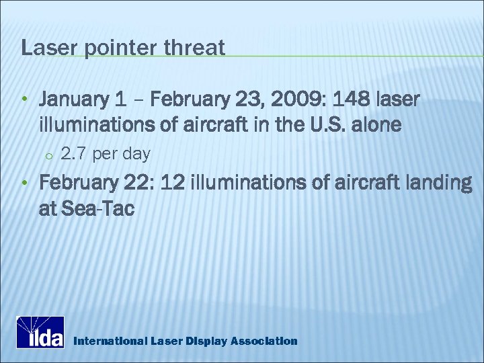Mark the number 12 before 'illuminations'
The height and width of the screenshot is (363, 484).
click(x=177, y=184)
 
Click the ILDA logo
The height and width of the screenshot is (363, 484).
click(x=40, y=332)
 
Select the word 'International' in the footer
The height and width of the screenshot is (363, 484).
click(x=109, y=341)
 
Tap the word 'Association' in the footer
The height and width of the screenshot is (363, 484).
click(x=264, y=341)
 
